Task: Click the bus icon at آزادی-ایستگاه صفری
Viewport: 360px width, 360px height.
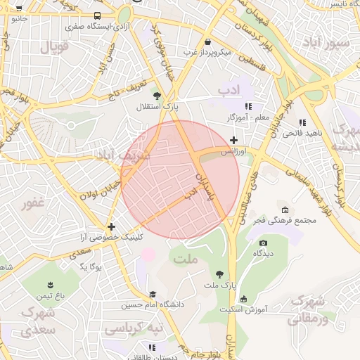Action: click(96, 15)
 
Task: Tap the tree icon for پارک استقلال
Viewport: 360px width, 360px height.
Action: click(157, 96)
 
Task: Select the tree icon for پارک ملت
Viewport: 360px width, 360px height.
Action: click(220, 274)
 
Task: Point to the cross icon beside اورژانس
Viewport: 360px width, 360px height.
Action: click(233, 141)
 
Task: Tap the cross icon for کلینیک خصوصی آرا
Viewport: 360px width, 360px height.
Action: click(111, 226)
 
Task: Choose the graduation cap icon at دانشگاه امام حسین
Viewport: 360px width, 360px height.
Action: click(153, 295)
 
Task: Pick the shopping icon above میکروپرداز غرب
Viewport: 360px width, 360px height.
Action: click(207, 41)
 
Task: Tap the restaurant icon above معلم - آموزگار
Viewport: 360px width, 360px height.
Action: click(247, 105)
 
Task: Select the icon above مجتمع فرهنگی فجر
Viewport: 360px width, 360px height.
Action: click(285, 210)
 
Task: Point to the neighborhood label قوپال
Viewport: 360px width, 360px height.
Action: click(53, 48)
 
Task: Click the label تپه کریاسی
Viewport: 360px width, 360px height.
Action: click(133, 328)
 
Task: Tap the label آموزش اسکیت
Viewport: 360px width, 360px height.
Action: click(241, 309)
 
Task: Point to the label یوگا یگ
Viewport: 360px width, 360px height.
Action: click(91, 267)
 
